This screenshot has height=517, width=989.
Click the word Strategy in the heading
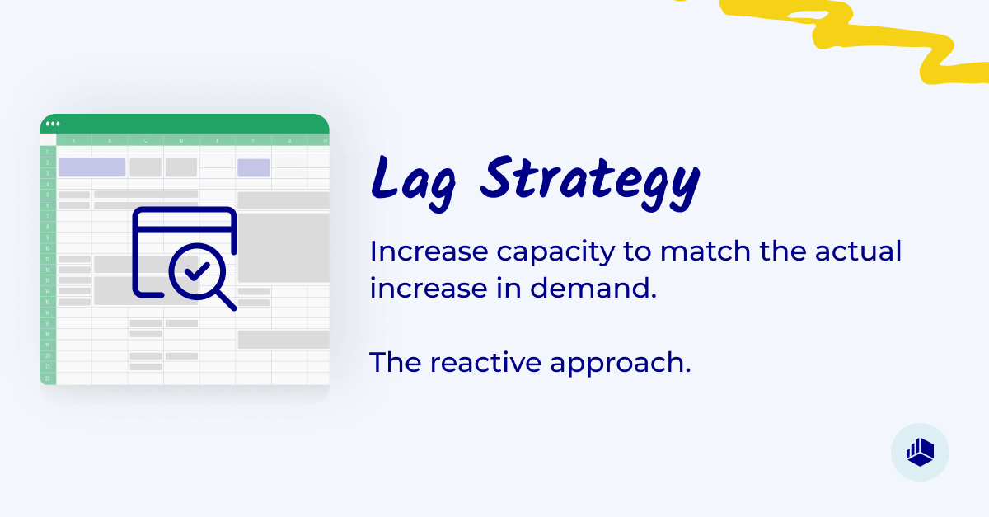coord(588,179)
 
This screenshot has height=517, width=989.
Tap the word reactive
coord(490,362)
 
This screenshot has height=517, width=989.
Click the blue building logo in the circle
coord(920,451)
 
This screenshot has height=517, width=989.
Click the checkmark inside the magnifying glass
coord(196,270)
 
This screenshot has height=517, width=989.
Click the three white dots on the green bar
coord(53,124)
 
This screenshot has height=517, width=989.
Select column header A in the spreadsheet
coord(74,140)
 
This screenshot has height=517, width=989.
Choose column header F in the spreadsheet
coord(253,140)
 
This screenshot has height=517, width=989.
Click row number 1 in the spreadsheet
coord(48,152)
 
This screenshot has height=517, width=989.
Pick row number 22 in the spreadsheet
coord(48,378)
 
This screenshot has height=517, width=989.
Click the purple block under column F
coord(254,167)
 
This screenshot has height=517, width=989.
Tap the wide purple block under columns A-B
coord(91,167)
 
